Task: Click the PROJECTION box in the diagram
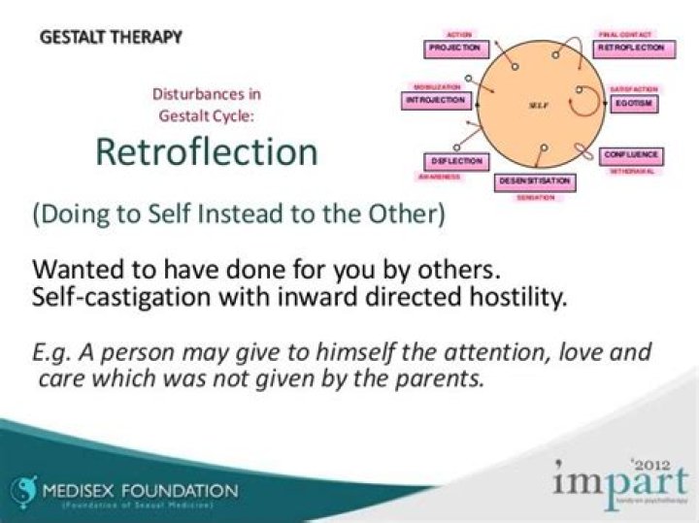coord(454,48)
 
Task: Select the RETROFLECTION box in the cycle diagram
coord(631,47)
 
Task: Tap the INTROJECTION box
coord(436,100)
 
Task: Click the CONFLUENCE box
coord(632,155)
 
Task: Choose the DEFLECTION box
coord(453,161)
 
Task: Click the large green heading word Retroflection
coord(206,152)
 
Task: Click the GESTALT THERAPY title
coord(111,38)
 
